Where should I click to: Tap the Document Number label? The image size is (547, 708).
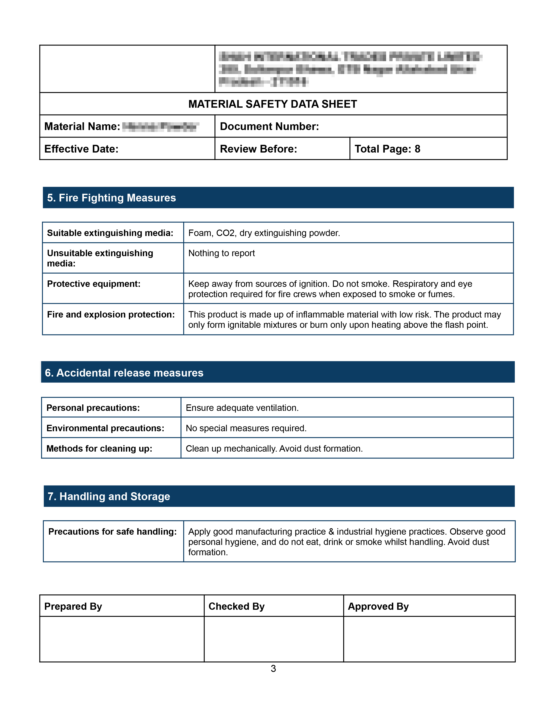(x=269, y=126)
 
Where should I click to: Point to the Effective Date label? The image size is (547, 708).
(x=81, y=149)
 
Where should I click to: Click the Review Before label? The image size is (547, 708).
(x=258, y=149)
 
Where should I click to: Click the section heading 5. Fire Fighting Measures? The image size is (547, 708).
(x=112, y=198)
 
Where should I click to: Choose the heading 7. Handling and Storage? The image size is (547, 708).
(x=109, y=496)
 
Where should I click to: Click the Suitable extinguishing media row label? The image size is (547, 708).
(x=110, y=233)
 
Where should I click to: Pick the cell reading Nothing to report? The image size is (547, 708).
(x=222, y=253)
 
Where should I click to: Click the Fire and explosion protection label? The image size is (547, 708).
(x=111, y=315)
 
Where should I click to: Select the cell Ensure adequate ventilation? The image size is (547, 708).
(x=242, y=408)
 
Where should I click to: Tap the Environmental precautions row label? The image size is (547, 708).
(x=105, y=428)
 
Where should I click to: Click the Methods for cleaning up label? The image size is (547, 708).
(x=99, y=449)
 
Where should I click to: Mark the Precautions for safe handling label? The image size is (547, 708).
(x=112, y=532)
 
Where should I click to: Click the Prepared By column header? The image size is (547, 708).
(x=73, y=606)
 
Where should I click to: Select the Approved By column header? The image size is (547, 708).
(x=378, y=606)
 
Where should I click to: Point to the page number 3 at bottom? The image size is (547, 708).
(x=273, y=669)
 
